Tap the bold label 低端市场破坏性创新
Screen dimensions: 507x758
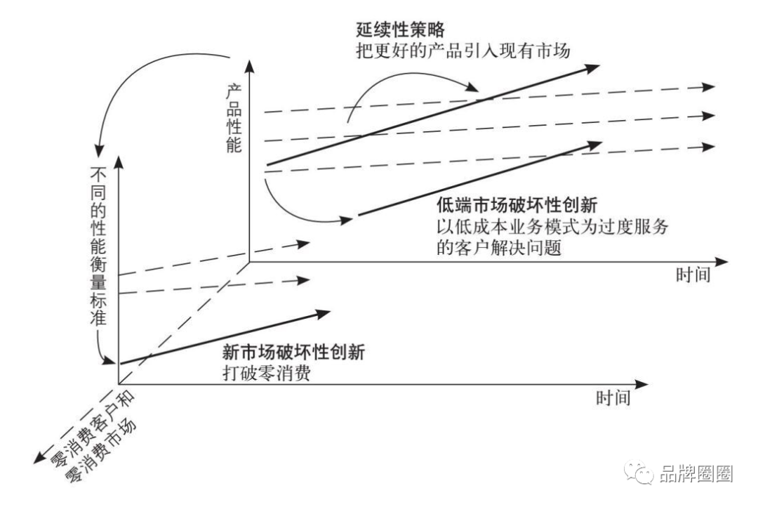click(x=517, y=209)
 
